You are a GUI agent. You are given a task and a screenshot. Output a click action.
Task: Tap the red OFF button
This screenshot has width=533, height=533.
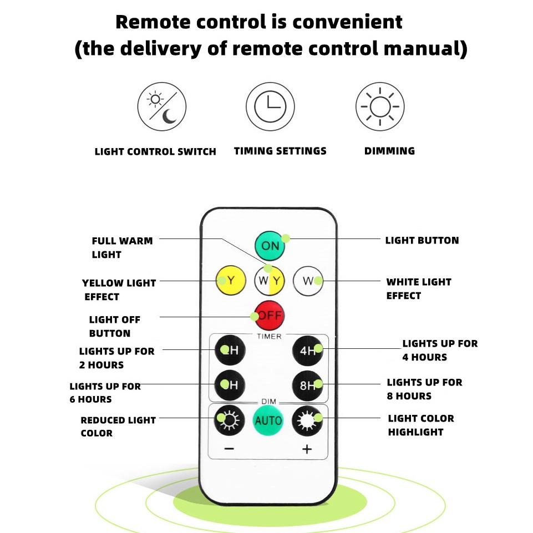[x=270, y=316]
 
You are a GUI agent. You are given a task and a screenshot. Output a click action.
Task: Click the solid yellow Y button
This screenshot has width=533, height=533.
[x=231, y=280]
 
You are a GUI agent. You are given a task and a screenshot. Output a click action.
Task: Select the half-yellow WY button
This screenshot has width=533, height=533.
[x=270, y=281]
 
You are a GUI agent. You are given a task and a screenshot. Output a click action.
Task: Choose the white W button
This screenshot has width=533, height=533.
[x=308, y=281]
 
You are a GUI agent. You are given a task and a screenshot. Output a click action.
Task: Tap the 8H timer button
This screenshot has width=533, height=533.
[x=308, y=385]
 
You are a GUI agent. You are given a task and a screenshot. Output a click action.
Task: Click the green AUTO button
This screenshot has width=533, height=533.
[x=268, y=420]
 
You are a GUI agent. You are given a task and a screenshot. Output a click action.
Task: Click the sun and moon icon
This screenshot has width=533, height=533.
[x=162, y=106]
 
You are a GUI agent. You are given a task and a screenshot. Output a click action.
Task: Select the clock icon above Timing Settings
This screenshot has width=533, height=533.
[x=270, y=106]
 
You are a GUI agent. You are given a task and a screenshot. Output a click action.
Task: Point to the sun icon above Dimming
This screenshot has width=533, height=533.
[x=380, y=106]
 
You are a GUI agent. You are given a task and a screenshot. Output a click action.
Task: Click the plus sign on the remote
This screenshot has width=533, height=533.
[x=307, y=449]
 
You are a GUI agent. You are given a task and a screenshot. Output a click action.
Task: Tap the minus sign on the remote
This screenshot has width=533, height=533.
[x=230, y=449]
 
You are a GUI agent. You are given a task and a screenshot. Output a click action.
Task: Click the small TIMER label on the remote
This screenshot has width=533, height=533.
[x=269, y=336]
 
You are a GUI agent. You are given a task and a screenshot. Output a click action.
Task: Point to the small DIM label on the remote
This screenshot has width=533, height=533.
[x=268, y=400]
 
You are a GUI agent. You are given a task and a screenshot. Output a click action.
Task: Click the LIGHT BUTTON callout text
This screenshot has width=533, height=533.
[x=422, y=240]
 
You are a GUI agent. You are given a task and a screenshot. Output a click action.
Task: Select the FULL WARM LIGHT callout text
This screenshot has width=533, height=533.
[x=122, y=247]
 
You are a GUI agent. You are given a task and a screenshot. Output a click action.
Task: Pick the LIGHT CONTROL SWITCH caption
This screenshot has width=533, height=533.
[x=155, y=151]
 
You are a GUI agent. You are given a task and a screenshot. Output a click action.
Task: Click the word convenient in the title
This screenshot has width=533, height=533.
[x=347, y=22]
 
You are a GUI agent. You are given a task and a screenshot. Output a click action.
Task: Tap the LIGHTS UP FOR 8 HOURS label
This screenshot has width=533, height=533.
[x=424, y=389]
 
